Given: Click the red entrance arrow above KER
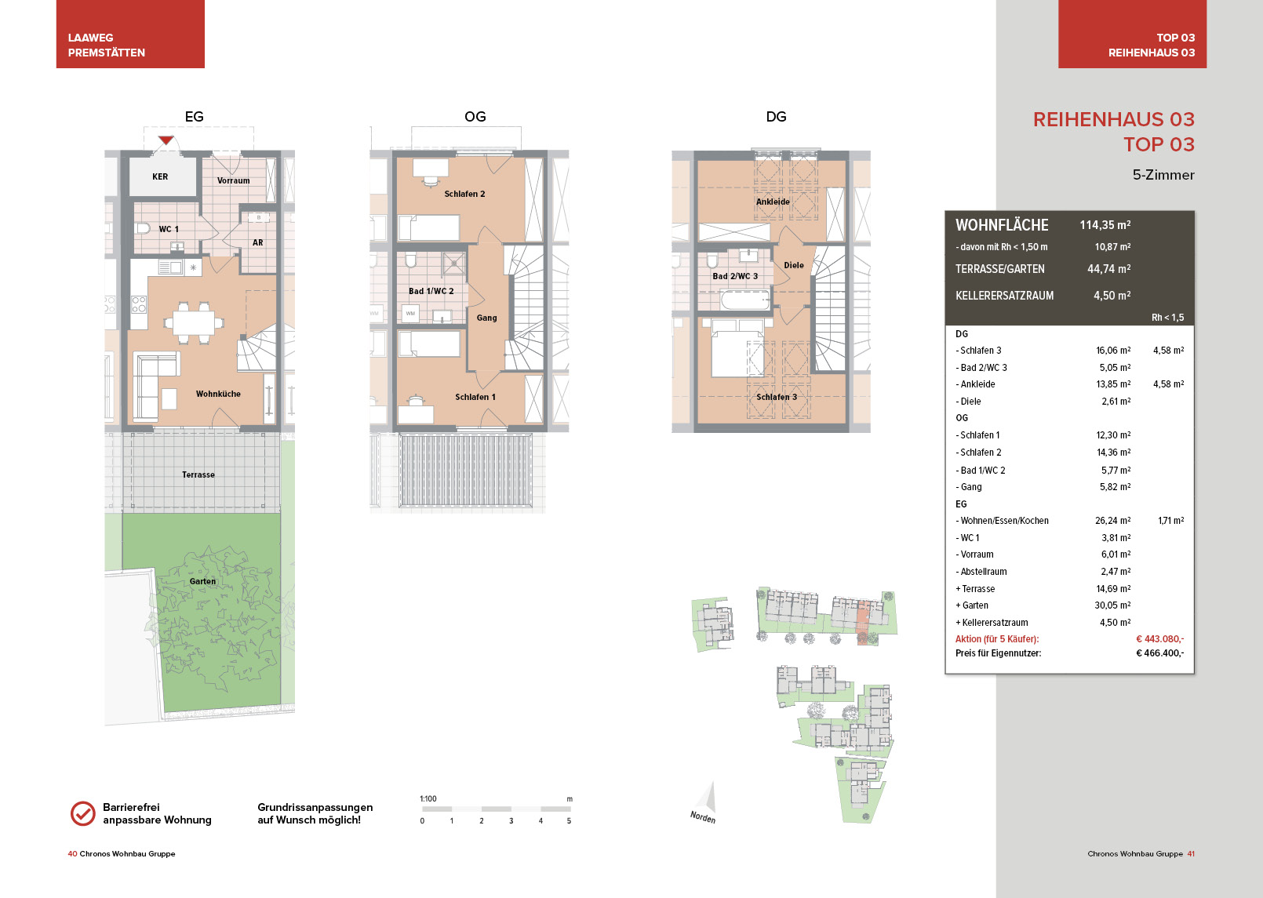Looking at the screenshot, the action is click(166, 140).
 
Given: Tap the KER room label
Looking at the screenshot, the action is click(160, 176).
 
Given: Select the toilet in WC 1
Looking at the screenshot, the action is click(144, 228).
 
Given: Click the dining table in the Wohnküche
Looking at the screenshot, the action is click(194, 323).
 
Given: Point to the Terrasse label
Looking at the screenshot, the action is click(198, 474).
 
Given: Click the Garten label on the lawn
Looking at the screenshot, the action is click(202, 581).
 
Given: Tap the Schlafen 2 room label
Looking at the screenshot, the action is click(464, 194).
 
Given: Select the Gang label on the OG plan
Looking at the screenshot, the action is click(486, 318).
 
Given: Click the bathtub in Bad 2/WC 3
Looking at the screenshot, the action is click(744, 300).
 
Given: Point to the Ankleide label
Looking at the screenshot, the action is click(773, 202).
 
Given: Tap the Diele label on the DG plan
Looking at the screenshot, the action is click(794, 265).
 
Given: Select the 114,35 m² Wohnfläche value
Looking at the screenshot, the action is click(1105, 225).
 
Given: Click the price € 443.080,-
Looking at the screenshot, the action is click(1159, 638).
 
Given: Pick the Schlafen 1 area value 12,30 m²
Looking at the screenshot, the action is click(1114, 435).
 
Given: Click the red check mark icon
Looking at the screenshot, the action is click(83, 813).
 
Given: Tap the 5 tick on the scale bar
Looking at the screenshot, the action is click(569, 821).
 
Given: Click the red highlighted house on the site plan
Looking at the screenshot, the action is click(863, 623).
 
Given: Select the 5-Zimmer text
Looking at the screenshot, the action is click(1163, 175).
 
